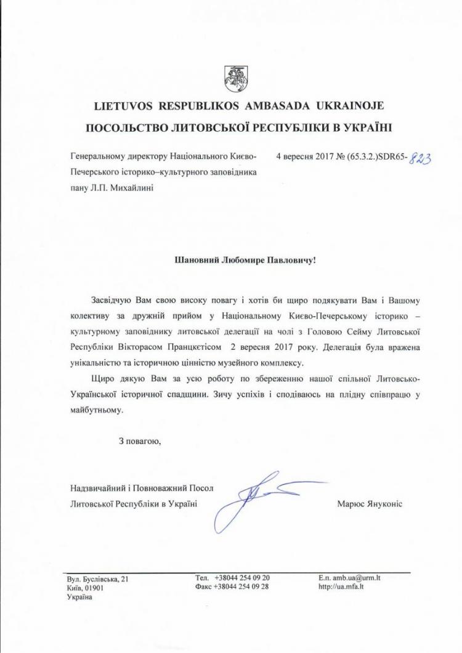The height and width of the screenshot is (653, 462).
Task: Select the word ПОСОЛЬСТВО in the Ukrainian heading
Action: coord(129,128)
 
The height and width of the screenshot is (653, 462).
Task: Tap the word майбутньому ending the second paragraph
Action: coord(97,408)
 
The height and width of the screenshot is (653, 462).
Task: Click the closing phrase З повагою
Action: coord(140,440)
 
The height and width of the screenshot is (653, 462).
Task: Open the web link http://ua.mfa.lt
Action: coord(342,587)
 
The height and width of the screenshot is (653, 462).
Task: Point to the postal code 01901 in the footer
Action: coord(94,588)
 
